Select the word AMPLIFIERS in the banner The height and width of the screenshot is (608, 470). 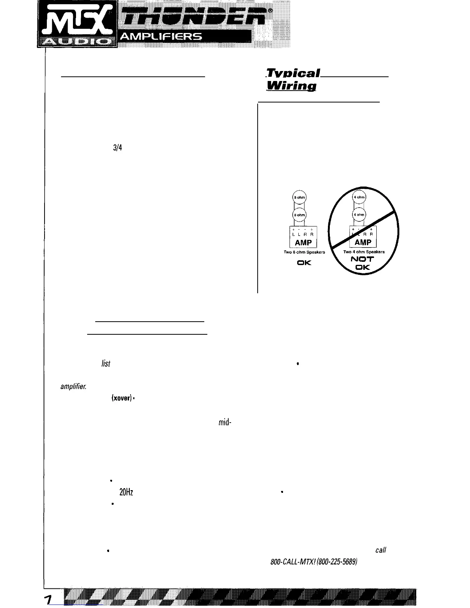click(161, 37)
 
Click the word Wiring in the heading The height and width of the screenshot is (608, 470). click(291, 86)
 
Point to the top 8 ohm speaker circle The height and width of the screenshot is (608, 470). click(299, 197)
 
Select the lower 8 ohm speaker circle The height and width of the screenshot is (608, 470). click(299, 214)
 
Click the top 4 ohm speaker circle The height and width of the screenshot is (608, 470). click(359, 197)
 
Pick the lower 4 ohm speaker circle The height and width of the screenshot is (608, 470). click(359, 215)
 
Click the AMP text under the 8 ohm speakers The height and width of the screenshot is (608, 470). click(303, 243)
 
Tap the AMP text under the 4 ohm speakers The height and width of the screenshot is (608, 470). click(363, 242)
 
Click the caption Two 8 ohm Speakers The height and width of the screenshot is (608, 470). click(304, 252)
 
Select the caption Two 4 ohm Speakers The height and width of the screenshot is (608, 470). click(364, 252)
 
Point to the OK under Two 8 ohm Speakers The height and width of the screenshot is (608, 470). click(304, 263)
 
